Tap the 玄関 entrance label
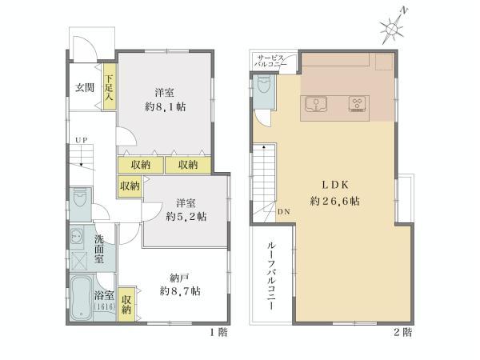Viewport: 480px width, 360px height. coord(86,87)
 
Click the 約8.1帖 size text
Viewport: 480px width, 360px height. coord(166,106)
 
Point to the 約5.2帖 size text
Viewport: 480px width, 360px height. coord(186,216)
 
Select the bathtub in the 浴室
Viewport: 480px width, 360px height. coord(80,298)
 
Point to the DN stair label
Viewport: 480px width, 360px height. coord(284,212)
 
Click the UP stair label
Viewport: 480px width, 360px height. coord(81,141)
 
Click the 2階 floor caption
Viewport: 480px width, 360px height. coord(402,331)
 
